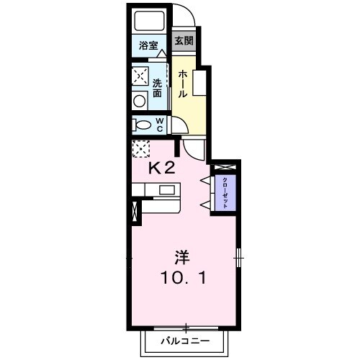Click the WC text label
pyautogui.click(x=160, y=125)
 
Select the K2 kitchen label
pyautogui.click(x=162, y=168)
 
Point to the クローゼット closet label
pyautogui.click(x=225, y=192)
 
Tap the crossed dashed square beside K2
pyautogui.click(x=139, y=149)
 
